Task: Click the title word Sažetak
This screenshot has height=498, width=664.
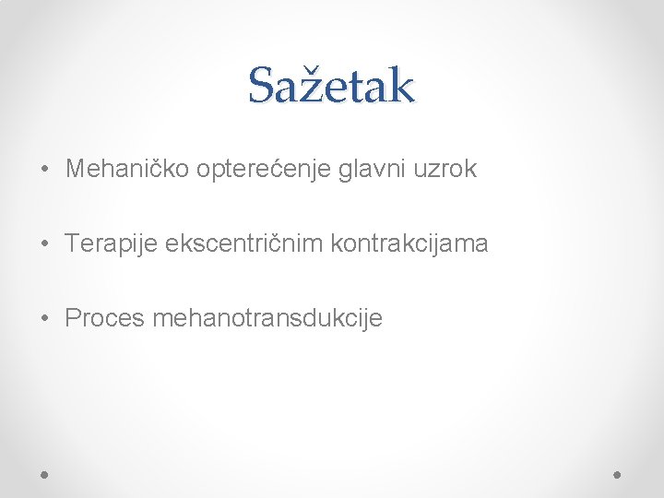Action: [331, 86]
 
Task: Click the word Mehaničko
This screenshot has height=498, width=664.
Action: [127, 169]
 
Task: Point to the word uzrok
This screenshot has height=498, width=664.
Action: [445, 169]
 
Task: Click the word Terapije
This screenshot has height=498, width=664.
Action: [112, 244]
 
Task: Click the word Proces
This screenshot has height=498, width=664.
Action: [104, 318]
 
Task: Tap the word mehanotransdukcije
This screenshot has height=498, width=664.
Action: [267, 318]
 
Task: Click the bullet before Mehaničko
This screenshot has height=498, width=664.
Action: [45, 171]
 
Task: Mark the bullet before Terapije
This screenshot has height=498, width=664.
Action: [45, 245]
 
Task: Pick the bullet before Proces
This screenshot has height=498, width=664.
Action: [45, 320]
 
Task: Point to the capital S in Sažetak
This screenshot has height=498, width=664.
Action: [261, 86]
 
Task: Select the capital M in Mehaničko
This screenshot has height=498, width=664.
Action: [75, 169]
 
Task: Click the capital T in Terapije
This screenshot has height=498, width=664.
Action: [72, 243]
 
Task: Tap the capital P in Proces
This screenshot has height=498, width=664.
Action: [73, 318]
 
